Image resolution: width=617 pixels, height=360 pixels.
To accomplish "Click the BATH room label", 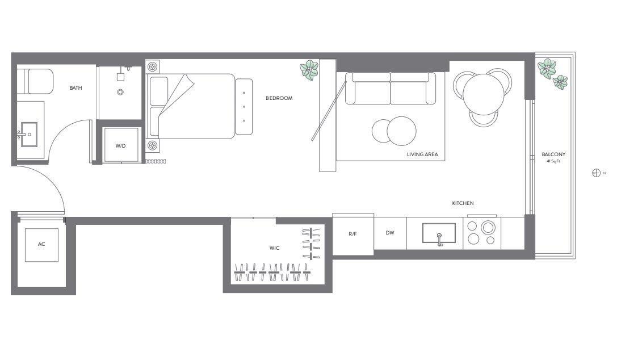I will tap(75, 88).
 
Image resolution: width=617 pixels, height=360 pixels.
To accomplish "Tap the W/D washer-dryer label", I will tap(120, 146).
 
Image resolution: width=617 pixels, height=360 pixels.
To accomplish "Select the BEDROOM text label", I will tap(279, 98).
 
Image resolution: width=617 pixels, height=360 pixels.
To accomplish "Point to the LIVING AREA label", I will tap(422, 154).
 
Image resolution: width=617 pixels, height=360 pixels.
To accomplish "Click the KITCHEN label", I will tap(463, 203).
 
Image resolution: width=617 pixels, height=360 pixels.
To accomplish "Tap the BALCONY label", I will tap(553, 154).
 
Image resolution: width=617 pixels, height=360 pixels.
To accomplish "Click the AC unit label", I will tap(41, 244).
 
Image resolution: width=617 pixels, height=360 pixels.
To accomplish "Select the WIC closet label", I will tap(274, 248).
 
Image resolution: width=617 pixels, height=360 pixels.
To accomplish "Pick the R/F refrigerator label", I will tap(352, 233).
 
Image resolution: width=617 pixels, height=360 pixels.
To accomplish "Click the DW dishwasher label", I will tap(390, 233).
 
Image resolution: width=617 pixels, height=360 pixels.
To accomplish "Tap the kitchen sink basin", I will tap(439, 233).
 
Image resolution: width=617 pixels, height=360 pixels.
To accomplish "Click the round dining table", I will tap(484, 94).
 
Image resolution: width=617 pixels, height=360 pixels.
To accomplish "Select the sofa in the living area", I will tap(391, 89).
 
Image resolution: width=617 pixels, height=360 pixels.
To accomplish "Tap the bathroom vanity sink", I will tap(28, 134).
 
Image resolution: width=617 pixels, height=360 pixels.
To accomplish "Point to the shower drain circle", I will tap(120, 92).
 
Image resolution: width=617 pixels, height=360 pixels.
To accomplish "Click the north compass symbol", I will tap(596, 173).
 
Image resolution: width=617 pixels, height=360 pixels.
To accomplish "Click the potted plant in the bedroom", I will tap(309, 69).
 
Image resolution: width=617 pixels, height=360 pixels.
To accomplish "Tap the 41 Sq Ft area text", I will tap(553, 161).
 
